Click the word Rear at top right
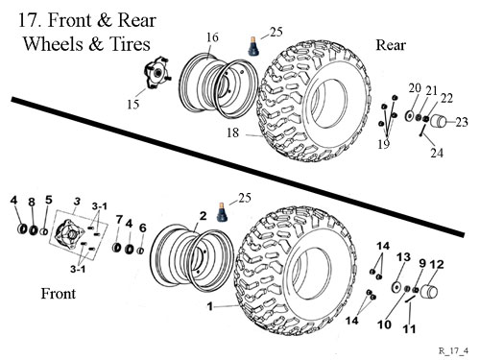(x=391, y=45)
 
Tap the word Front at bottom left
(x=59, y=294)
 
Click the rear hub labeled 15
(x=157, y=73)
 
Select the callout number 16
(x=212, y=37)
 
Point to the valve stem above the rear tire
(x=254, y=46)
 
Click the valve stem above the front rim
(x=222, y=212)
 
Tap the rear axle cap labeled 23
(x=439, y=121)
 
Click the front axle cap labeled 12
(x=429, y=291)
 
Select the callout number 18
(x=233, y=132)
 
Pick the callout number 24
(x=437, y=153)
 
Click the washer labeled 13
(x=396, y=287)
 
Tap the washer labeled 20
(x=409, y=115)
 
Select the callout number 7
(x=119, y=220)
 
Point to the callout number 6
(x=143, y=228)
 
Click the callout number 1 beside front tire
(x=210, y=306)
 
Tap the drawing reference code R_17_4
(x=453, y=350)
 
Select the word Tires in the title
(x=130, y=44)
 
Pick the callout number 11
(x=409, y=328)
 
